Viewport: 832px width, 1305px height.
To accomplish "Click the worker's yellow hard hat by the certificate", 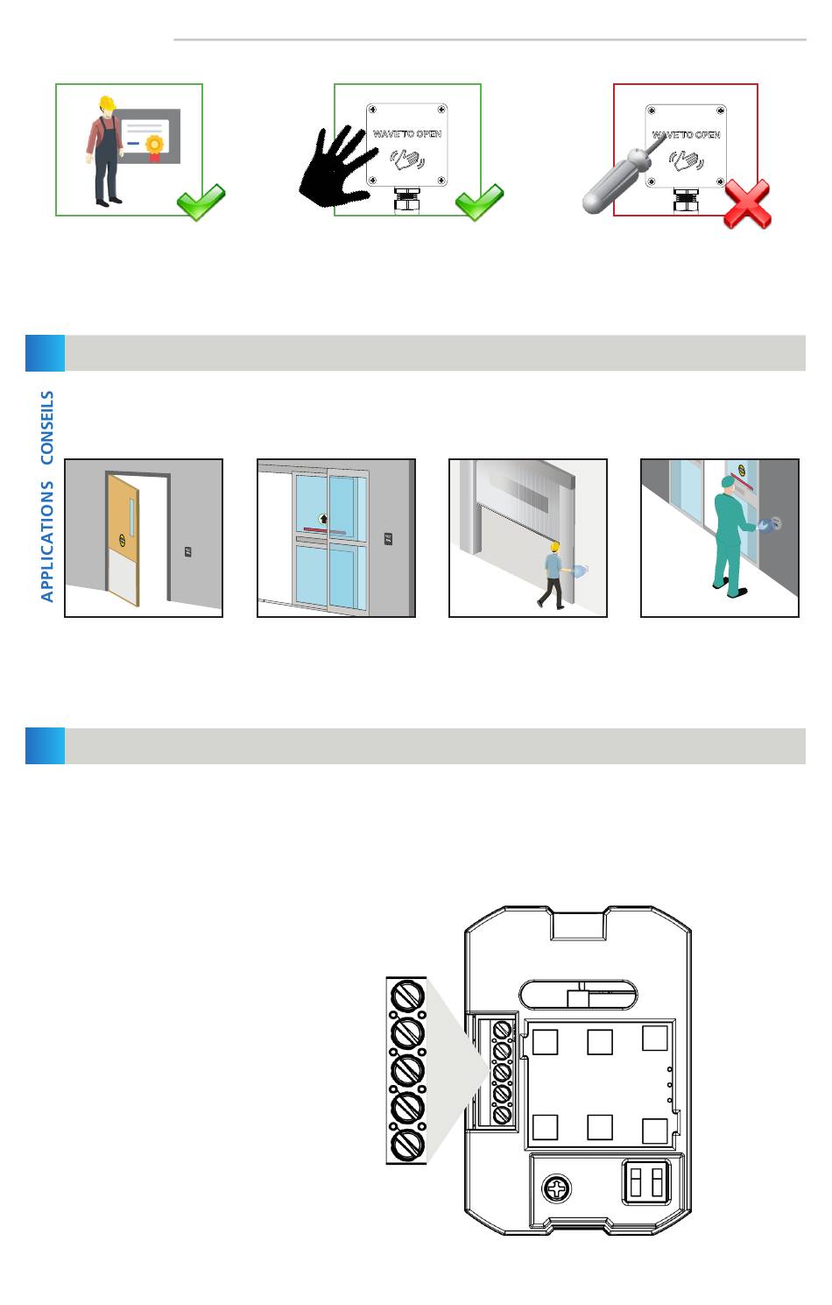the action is tap(107, 103).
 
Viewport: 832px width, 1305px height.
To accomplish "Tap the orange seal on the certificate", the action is tap(154, 144).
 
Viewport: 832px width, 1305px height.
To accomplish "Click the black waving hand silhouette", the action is tap(337, 167).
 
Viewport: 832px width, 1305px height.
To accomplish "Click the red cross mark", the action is tap(747, 203).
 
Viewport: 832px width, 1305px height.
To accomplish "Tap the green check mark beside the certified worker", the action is tap(201, 202).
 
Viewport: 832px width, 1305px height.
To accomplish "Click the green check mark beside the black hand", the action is tap(479, 202).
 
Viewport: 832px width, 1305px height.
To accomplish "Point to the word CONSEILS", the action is tap(47, 428).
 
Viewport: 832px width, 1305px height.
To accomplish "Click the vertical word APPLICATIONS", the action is tap(47, 542).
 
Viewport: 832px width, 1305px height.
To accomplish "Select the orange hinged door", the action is tap(123, 541).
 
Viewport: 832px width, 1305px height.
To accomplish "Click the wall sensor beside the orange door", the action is tap(188, 552).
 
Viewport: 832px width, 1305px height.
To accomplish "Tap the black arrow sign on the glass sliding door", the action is tap(323, 519).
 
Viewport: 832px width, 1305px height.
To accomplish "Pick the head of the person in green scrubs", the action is tap(727, 484).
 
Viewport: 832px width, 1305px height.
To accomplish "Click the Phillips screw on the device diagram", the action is tap(557, 1188).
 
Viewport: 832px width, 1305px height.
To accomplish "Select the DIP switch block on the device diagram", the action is tap(646, 1182).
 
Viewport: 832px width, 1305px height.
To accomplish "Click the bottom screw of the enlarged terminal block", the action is tap(407, 1145).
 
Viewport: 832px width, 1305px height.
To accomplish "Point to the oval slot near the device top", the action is tap(577, 994).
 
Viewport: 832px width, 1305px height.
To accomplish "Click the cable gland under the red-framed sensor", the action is tap(686, 201).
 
